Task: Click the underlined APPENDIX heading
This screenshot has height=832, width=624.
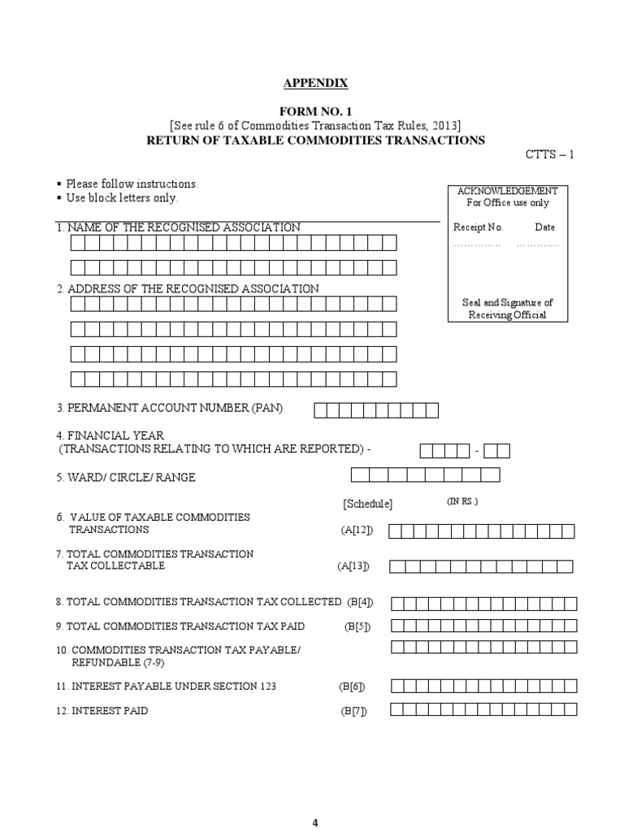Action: [314, 83]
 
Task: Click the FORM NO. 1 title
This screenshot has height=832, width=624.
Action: [315, 111]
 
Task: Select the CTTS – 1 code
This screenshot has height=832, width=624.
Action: [550, 154]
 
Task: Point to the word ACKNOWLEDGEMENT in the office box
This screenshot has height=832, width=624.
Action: [507, 191]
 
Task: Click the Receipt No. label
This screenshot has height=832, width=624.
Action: [478, 227]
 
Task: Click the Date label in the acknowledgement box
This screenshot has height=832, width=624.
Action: [544, 227]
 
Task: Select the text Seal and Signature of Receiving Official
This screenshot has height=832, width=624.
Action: [507, 309]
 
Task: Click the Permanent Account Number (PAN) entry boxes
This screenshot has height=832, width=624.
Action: [375, 409]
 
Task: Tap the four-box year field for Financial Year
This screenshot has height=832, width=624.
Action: [444, 451]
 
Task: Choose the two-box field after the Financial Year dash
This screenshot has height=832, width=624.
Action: [501, 451]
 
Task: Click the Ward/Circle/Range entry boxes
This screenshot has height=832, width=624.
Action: [425, 475]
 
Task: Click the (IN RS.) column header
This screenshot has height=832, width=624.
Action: [462, 501]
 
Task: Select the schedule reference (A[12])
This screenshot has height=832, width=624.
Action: [357, 531]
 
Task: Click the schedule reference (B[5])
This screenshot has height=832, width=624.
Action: [356, 626]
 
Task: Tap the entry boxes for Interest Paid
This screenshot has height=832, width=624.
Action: [483, 709]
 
